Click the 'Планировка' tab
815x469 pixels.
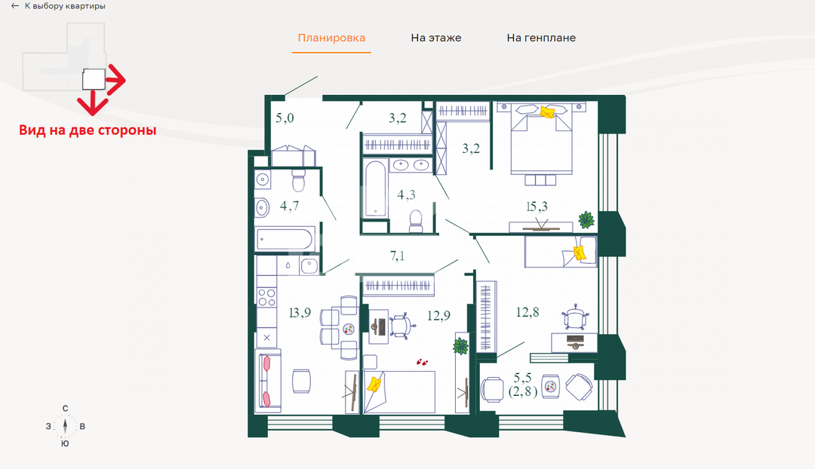(x=331, y=38)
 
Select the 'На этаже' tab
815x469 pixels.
(x=436, y=38)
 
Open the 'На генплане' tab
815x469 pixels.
(x=541, y=38)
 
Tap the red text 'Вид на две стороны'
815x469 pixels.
(x=88, y=130)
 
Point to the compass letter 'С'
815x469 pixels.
(x=65, y=408)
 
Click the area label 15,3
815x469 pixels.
(x=537, y=207)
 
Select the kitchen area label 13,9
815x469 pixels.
(x=300, y=313)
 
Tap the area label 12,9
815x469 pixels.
(x=438, y=315)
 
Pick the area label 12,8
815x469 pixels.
(x=527, y=312)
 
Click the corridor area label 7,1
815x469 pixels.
(x=397, y=256)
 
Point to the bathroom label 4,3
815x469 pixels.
(x=406, y=195)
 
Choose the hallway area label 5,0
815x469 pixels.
(x=284, y=118)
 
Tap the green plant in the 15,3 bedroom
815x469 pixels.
(x=586, y=219)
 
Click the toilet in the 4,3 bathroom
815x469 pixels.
(x=416, y=221)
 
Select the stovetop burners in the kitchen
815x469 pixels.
(x=266, y=298)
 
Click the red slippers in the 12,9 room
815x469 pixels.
(x=422, y=361)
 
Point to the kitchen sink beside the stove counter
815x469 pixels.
(x=309, y=266)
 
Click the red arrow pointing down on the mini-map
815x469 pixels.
(x=93, y=103)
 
